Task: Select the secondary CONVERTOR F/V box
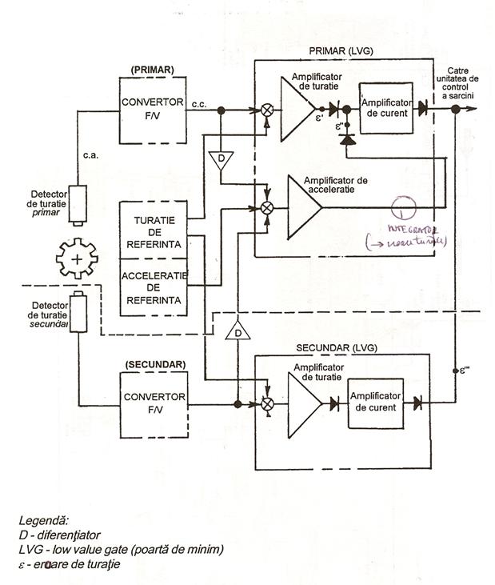pyautogui.click(x=154, y=404)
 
